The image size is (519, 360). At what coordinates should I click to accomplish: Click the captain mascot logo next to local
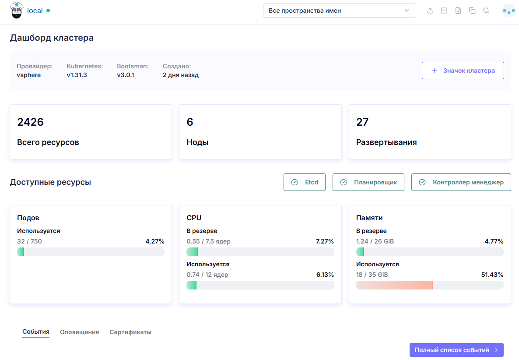(x=17, y=10)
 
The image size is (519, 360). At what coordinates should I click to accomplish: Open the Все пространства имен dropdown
(x=339, y=11)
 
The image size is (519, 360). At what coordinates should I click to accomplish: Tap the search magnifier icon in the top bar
(x=486, y=11)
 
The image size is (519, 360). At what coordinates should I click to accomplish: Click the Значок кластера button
(x=463, y=71)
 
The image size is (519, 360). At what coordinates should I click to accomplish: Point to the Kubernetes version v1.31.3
(x=77, y=75)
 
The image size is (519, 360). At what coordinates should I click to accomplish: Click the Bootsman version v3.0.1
(x=126, y=75)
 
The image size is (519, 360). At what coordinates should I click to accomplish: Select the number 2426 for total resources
(x=31, y=122)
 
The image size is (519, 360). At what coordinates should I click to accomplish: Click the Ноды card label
(x=198, y=142)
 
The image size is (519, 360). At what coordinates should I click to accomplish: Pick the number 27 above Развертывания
(x=362, y=122)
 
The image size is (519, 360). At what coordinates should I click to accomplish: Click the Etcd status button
(x=305, y=182)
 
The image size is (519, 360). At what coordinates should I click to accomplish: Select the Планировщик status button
(x=368, y=182)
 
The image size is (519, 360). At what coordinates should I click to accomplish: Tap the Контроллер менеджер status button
(x=461, y=182)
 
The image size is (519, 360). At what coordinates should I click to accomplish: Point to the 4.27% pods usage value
(x=155, y=241)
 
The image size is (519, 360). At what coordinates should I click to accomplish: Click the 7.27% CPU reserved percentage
(x=325, y=241)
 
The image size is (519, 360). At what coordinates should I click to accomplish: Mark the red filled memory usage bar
(x=394, y=285)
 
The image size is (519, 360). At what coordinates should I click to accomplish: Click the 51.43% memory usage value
(x=492, y=275)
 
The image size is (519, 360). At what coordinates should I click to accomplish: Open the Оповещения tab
(x=80, y=332)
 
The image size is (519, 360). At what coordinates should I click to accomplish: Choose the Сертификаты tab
(x=130, y=332)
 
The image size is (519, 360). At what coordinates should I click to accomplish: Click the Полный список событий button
(x=456, y=350)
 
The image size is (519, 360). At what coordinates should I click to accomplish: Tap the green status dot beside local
(x=48, y=11)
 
